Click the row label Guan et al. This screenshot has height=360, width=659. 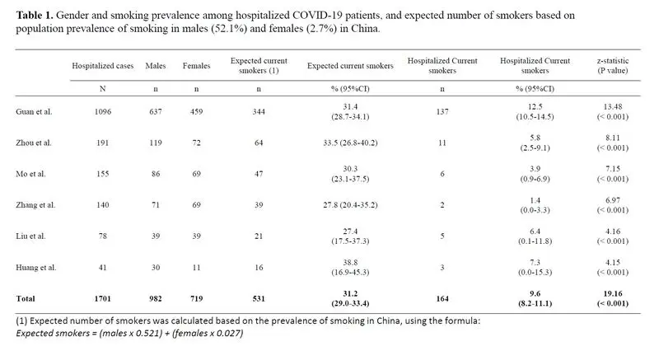pyautogui.click(x=34, y=112)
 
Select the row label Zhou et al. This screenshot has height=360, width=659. pyautogui.click(x=34, y=143)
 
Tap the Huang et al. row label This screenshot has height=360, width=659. pyautogui.click(x=35, y=268)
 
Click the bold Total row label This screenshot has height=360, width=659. pyautogui.click(x=26, y=299)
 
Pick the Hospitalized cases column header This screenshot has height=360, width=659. pyautogui.click(x=102, y=66)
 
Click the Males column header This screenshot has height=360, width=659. pyautogui.click(x=156, y=66)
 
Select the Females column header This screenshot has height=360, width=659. pyautogui.click(x=196, y=66)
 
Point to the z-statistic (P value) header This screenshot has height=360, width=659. pyautogui.click(x=613, y=66)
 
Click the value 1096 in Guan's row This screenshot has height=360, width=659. pyautogui.click(x=102, y=112)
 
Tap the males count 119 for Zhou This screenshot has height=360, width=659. pyautogui.click(x=156, y=143)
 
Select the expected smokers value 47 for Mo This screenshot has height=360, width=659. pyautogui.click(x=259, y=174)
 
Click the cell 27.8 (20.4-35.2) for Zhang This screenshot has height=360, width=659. pyautogui.click(x=350, y=205)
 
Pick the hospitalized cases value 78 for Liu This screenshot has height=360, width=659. pyautogui.click(x=102, y=236)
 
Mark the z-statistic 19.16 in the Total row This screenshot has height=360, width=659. pyautogui.click(x=613, y=293)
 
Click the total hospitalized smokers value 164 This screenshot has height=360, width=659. pyautogui.click(x=442, y=299)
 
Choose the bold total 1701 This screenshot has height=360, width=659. pyautogui.click(x=102, y=299)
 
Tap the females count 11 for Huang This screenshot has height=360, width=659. pyautogui.click(x=196, y=268)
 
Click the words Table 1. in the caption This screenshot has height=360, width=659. pyautogui.click(x=35, y=16)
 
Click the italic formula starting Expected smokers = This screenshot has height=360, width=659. pyautogui.click(x=129, y=333)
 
